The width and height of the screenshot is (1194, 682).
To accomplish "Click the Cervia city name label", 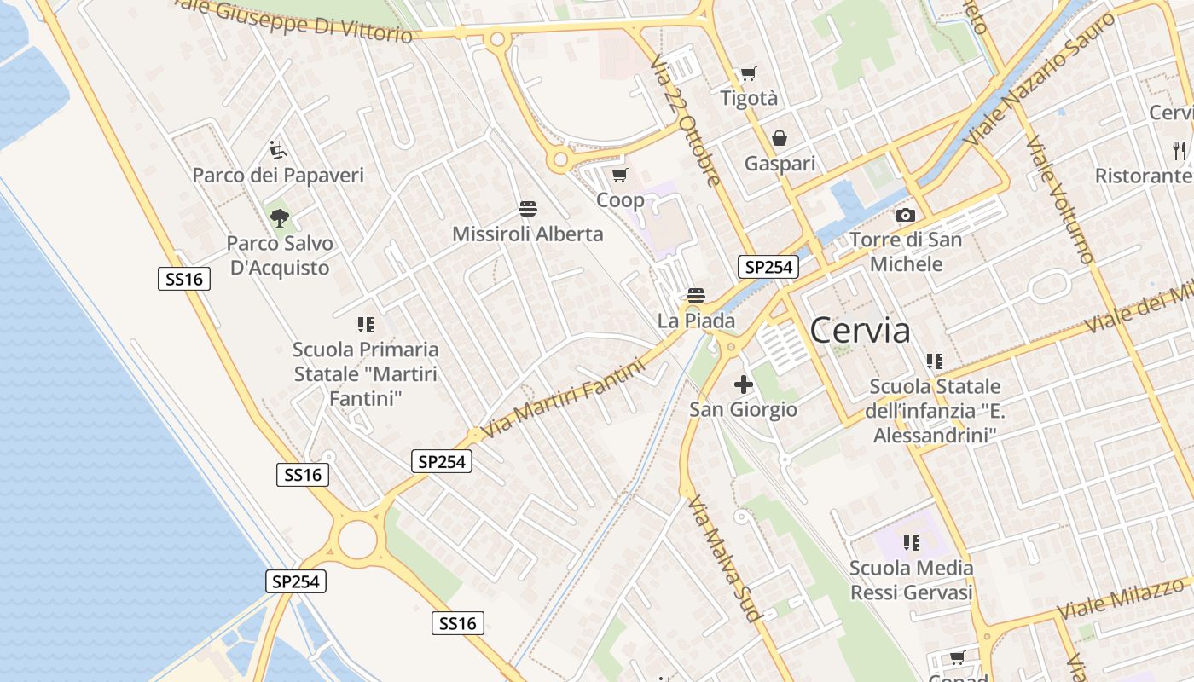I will tap(860, 331).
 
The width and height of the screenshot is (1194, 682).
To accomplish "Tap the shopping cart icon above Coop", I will tap(620, 175).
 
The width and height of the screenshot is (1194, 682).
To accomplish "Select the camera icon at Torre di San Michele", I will tap(906, 215).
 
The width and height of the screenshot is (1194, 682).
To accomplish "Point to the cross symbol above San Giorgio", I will tap(743, 384).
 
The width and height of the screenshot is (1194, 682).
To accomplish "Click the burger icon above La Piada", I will tap(696, 296).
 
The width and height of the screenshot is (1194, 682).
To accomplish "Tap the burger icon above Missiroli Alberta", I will tap(527, 208).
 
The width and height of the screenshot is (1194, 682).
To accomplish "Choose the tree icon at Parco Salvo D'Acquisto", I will tap(279, 217).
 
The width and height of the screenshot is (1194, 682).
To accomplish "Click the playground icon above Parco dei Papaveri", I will tap(278, 150).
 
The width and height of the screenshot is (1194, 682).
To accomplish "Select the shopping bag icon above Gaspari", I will tap(780, 137).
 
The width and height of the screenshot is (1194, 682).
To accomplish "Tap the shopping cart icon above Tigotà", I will tap(749, 74).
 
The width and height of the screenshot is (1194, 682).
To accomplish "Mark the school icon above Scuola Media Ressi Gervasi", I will tap(911, 542).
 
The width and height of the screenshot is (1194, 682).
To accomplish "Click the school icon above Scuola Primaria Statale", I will tap(366, 324).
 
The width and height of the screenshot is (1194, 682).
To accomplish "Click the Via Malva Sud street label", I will tap(723, 558).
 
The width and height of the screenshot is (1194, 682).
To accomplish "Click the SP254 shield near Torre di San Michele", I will tap(768, 267).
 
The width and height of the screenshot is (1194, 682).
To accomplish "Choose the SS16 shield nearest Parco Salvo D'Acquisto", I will tap(184, 279).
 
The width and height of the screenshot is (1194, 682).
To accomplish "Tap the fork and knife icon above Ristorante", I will tap(1180, 151).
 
